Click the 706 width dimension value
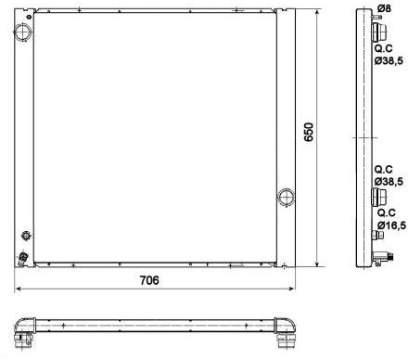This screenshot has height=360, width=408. point(149,280)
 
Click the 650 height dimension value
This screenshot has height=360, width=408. point(309,132)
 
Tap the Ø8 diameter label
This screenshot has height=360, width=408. point(384,8)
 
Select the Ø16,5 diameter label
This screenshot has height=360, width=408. point(391,225)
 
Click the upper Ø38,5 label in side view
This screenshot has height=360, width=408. point(389,60)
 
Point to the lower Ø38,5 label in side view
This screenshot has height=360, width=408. point(389,181)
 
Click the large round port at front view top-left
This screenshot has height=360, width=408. point(22,32)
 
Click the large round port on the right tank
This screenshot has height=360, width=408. point(286,197)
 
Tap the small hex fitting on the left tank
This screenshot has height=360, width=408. point(26,236)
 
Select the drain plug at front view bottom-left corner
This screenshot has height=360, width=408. point(22,258)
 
